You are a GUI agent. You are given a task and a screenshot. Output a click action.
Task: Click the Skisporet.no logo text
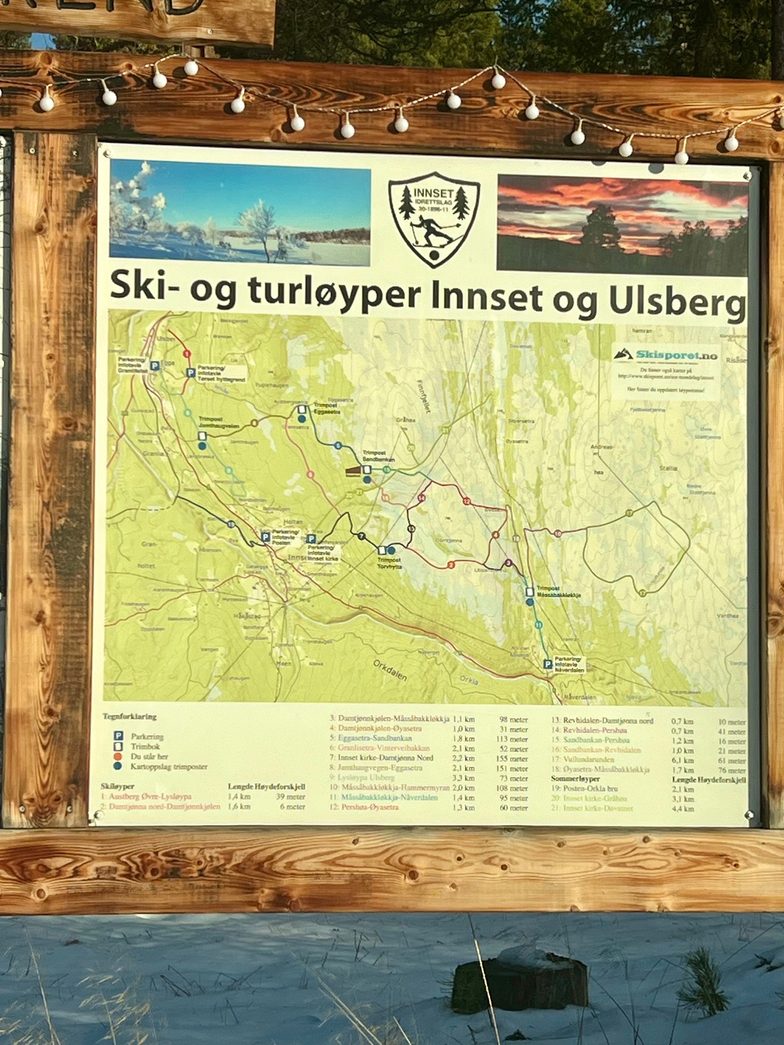click(676, 355)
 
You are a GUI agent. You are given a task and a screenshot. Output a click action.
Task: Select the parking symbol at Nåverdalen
click(548, 664)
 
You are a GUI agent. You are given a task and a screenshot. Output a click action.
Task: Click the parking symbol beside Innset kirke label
click(311, 539)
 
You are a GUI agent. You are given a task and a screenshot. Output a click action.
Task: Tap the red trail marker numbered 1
click(186, 353)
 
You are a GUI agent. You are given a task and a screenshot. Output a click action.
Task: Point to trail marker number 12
click(466, 501)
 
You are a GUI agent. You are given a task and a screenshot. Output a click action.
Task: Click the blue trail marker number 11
click(539, 625)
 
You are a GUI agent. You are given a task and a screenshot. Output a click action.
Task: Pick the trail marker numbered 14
click(421, 498)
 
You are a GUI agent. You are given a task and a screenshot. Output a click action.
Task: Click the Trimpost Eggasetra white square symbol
click(302, 409)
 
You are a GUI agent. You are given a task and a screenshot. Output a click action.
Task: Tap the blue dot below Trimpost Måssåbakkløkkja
click(530, 602)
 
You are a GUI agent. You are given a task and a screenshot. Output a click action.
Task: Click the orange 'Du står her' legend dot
click(118, 756)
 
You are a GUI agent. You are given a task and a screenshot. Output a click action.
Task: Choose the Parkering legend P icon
click(118, 736)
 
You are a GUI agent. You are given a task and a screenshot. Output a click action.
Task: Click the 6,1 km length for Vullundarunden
click(682, 760)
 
